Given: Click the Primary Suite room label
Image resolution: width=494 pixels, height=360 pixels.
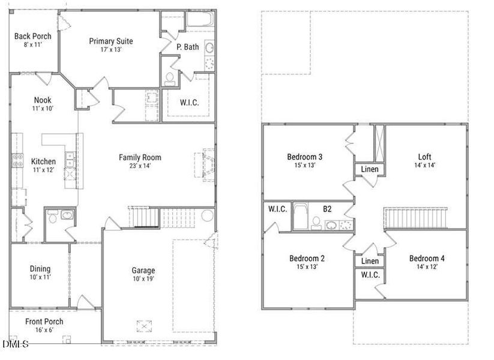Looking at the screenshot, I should click(x=111, y=41).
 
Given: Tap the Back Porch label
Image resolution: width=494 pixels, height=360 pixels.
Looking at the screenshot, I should click(x=33, y=36).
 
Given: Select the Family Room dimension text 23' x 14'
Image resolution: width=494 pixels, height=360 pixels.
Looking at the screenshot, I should click(x=139, y=166).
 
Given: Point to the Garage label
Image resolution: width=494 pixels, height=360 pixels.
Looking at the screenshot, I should click(x=143, y=270).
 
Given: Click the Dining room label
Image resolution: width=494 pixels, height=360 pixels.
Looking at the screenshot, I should click(x=40, y=269).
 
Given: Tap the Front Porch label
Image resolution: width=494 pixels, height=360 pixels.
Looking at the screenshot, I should click(x=44, y=322).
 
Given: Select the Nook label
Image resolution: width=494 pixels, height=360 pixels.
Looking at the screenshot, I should click(x=42, y=100).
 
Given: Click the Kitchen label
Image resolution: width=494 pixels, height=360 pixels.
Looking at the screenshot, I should click(x=43, y=161).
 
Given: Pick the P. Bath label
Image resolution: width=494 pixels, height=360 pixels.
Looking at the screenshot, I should click(x=187, y=47).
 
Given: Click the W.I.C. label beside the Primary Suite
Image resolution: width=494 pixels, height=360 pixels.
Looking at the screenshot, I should click(x=189, y=103).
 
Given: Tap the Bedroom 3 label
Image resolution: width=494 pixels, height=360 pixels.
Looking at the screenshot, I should click(x=307, y=157).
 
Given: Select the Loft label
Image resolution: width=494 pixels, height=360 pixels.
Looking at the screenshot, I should click(x=424, y=157).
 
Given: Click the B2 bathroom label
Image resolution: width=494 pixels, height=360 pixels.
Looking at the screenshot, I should click(x=328, y=209).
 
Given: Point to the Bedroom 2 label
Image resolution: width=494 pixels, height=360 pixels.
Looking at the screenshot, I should click(x=307, y=259).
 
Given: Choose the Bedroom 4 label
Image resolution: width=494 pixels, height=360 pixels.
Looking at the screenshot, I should click(x=427, y=259).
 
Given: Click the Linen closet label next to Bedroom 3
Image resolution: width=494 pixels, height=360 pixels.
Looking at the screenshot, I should click(x=370, y=170).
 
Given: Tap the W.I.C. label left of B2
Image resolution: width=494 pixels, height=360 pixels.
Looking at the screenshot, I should click(x=277, y=209).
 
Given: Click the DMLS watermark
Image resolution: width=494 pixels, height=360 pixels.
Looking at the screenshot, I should click(x=15, y=344).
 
